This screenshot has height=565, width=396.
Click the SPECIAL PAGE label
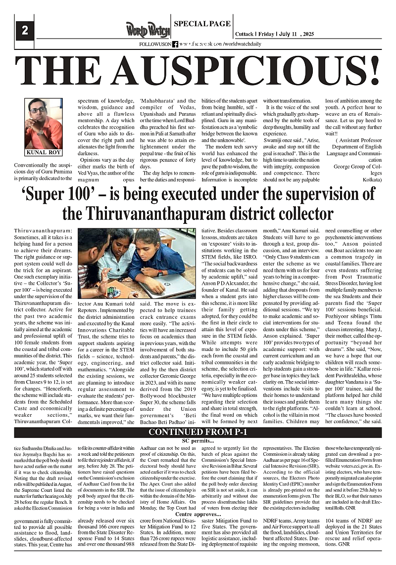click(x=202, y=23)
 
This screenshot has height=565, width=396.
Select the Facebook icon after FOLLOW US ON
click(x=175, y=44)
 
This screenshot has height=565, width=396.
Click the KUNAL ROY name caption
click(x=44, y=152)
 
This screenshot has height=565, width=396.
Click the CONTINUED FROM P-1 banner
click(x=198, y=433)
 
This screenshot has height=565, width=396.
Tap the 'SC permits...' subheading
click(x=198, y=440)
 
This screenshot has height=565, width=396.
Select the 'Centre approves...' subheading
click(x=198, y=515)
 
